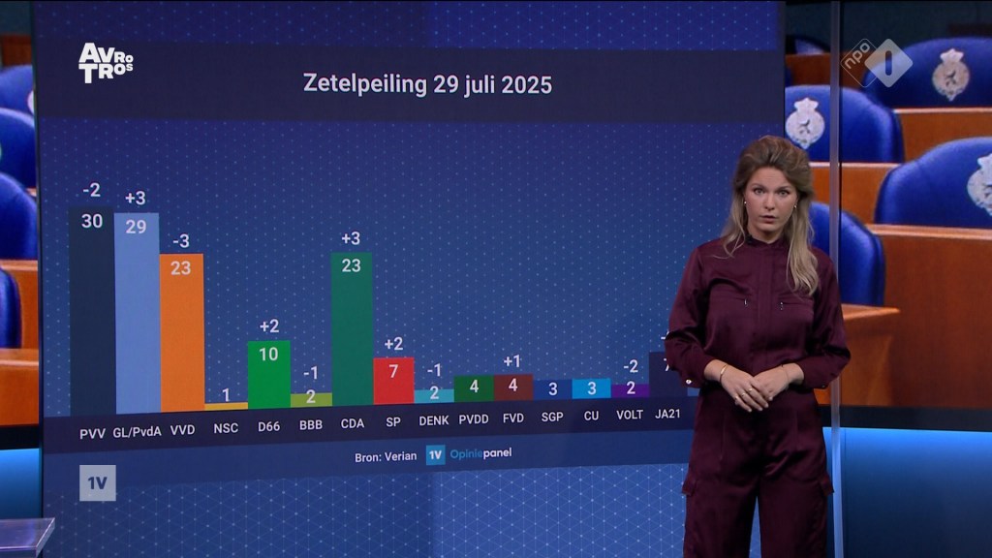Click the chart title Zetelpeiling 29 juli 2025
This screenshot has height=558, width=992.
427,83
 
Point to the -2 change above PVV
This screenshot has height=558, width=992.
91,190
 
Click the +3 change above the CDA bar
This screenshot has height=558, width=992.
352,238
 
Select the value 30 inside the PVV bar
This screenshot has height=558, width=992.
91,221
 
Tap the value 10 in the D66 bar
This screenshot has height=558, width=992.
268,355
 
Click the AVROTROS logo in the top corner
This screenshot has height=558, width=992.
106,62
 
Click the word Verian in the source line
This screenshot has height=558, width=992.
399,454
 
